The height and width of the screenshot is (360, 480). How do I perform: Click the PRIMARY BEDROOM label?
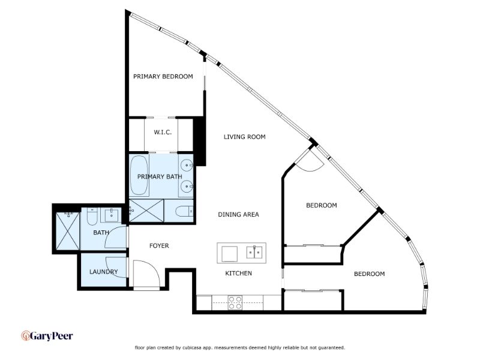(x=163, y=76)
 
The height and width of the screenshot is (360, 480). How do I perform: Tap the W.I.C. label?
(x=163, y=132)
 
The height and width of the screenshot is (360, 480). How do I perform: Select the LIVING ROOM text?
(x=245, y=137)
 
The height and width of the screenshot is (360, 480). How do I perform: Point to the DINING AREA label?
(x=238, y=214)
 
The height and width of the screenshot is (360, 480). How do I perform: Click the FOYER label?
(x=159, y=245)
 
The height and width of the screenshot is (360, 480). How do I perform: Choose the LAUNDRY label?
(x=103, y=272)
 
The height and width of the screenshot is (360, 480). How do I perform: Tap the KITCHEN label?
(x=238, y=273)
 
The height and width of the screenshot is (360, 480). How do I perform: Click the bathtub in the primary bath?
(x=139, y=175)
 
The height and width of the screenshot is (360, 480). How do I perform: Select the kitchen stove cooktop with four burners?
(x=235, y=302)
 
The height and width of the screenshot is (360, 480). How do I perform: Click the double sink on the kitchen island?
(x=254, y=252)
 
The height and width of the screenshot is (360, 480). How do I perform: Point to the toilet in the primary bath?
(x=185, y=211)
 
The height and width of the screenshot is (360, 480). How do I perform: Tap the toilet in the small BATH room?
(x=92, y=216)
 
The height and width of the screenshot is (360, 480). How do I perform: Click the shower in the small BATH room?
(x=68, y=231)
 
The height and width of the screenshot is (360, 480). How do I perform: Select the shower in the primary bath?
(x=146, y=211)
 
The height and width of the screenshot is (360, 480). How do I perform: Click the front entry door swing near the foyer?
(x=146, y=274)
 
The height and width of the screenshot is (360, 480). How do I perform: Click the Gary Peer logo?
(x=47, y=336)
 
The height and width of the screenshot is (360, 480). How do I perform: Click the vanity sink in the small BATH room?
(x=112, y=215)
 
